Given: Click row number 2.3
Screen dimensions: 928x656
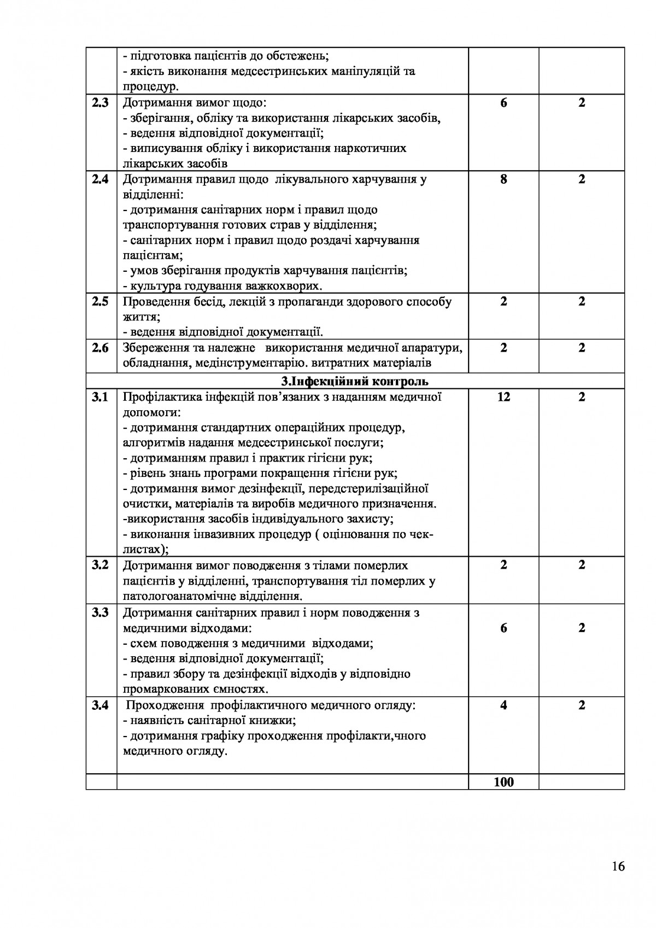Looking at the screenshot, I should (100, 103).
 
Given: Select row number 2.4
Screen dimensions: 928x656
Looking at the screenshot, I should (100, 179).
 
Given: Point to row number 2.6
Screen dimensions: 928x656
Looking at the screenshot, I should (100, 348).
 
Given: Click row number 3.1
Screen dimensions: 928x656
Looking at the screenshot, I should (100, 397).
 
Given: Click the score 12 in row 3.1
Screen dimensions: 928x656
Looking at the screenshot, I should (503, 397).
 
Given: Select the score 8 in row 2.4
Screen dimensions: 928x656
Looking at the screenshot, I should (503, 179).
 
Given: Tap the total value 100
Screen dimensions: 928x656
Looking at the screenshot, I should (503, 782).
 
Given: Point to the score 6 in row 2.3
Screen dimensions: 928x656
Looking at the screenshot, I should (503, 103).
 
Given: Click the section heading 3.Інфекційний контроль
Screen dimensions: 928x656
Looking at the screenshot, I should (355, 381).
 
